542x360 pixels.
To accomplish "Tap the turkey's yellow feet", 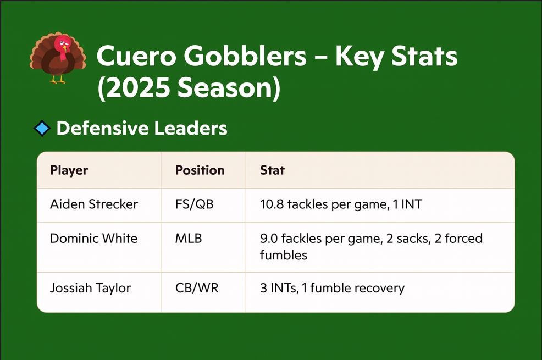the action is point(58,80).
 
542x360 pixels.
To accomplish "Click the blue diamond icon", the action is point(42,128).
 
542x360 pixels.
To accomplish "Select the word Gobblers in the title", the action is point(245,56).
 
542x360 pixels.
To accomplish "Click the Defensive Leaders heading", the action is point(142,128).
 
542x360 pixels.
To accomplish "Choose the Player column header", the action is point(69,171).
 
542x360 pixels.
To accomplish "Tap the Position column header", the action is point(200,170).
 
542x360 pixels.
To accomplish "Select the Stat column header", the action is point(272,170).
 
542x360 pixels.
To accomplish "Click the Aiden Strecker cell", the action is point(93,204).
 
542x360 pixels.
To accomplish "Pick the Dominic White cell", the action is point(93,239).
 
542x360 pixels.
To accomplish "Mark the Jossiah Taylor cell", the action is point(90,288).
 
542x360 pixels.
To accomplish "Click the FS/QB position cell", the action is point(194,204).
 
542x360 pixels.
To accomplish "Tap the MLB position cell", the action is point(189,239).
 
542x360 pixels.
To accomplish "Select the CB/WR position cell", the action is point(197,288).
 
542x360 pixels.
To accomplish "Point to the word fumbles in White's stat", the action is point(284,256).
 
